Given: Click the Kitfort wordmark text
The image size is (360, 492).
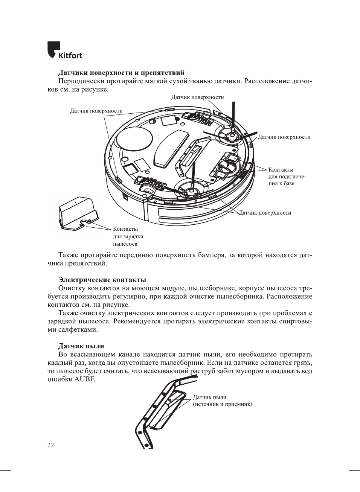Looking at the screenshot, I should [x=70, y=56].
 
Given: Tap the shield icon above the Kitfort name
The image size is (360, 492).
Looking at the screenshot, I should [x=53, y=49].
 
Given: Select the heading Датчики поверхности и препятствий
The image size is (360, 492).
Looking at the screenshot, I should [x=121, y=73].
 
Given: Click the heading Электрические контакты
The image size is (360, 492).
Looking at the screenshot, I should [x=102, y=280].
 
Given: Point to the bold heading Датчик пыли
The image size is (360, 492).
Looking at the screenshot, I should [x=81, y=346].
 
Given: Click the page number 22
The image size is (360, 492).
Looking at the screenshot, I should [x=50, y=445].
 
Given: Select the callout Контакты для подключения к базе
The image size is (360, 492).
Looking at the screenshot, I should [x=287, y=177].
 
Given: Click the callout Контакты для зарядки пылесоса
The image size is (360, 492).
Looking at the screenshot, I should [x=128, y=236].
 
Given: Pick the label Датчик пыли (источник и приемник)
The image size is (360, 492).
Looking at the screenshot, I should [x=222, y=401].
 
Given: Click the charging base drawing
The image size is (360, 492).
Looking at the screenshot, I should [x=78, y=213].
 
